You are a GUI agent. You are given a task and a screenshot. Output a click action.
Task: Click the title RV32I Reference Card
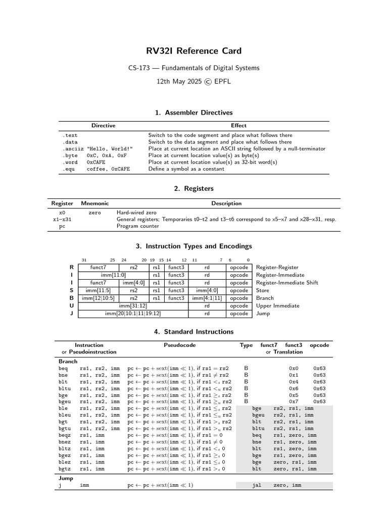tap(194, 51)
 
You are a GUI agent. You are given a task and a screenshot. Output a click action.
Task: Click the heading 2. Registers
tap(194, 188)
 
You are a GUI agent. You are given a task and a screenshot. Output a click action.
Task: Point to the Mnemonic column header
tap(94, 203)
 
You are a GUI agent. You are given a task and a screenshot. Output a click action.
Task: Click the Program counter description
tap(137, 226)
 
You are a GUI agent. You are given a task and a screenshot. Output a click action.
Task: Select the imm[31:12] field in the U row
tap(133, 305)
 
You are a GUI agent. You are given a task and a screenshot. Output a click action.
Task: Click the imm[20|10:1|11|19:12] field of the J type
tap(133, 314)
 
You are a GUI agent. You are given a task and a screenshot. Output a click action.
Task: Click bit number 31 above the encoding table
tap(84, 260)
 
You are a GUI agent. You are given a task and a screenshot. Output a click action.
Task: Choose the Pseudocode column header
tap(179, 345)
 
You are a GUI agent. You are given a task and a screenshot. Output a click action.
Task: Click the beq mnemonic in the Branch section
tap(63, 369)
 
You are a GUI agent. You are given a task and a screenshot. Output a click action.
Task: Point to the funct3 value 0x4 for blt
tap(294, 382)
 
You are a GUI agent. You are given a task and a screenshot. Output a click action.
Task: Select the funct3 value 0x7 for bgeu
tap(294, 402)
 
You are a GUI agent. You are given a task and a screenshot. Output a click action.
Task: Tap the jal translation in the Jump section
tap(257, 485)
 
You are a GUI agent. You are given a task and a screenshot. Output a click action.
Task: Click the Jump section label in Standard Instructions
tap(66, 478)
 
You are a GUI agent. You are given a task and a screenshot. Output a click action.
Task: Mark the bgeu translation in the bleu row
tap(258, 415)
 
